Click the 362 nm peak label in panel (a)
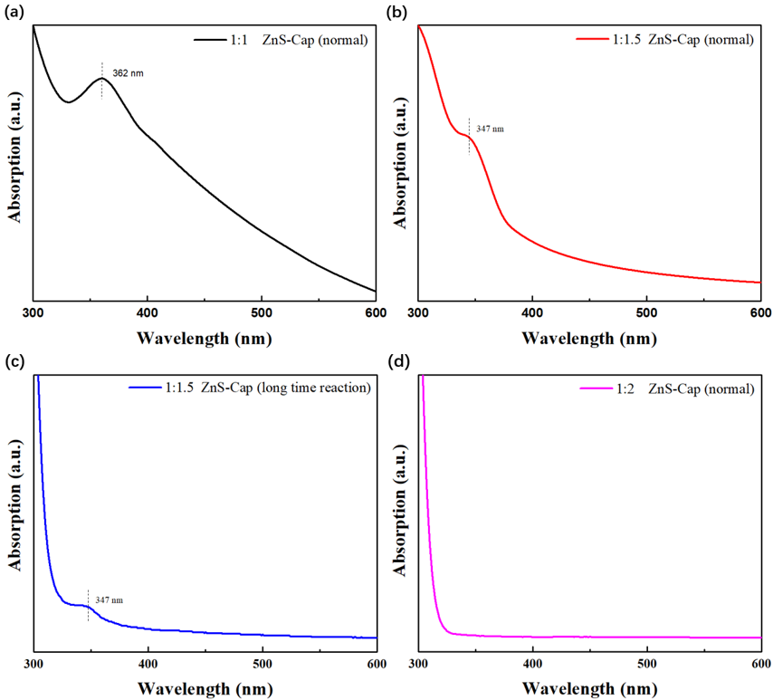(x=127, y=73)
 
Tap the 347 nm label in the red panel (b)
(x=490, y=129)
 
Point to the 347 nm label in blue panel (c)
(x=109, y=600)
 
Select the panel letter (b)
(x=398, y=11)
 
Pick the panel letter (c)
(x=14, y=362)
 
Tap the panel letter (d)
(x=398, y=362)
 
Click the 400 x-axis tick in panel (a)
(x=148, y=312)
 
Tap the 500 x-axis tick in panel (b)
(x=646, y=312)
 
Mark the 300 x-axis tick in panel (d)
(x=418, y=663)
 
